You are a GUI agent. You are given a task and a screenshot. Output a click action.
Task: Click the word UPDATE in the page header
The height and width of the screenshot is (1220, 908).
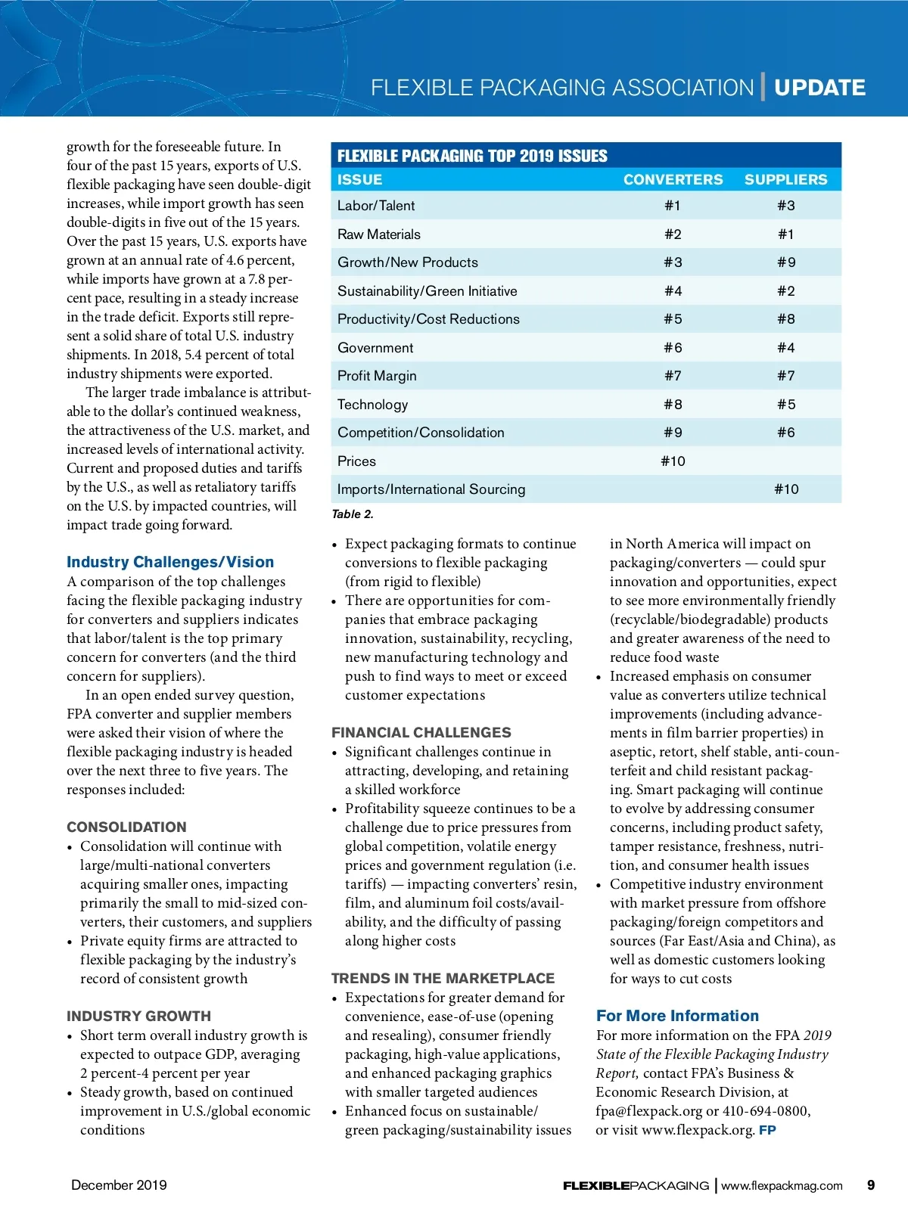pos(819,88)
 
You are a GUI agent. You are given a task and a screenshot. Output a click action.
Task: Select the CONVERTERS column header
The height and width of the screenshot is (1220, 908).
pos(673,179)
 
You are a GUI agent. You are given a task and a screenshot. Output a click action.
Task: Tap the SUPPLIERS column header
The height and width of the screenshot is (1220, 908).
pos(785,179)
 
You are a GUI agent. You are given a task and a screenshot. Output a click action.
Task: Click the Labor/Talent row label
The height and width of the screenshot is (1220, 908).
pos(376,206)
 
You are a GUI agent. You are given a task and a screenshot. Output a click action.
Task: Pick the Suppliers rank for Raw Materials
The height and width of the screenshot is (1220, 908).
pos(786,234)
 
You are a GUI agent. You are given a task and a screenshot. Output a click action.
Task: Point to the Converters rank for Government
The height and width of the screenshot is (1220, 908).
pos(673,348)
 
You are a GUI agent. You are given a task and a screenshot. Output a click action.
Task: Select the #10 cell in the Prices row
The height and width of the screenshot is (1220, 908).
pos(673,461)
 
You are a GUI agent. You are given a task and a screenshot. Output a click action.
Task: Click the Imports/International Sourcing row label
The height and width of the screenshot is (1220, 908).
pos(431,489)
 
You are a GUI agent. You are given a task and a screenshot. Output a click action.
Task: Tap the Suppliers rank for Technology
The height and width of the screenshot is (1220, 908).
pos(786,405)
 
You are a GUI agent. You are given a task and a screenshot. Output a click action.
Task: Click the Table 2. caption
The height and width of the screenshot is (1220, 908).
pos(353,514)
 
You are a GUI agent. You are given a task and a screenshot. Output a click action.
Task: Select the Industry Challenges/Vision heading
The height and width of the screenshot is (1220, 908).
pos(170,562)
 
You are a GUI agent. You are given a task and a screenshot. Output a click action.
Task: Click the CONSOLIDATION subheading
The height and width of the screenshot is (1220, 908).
pos(126,827)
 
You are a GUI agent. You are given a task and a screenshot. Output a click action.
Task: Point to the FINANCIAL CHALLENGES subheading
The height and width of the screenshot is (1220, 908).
pos(421,732)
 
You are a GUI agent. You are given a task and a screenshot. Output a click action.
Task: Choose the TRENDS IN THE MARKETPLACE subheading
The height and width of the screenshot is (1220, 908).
pos(443,978)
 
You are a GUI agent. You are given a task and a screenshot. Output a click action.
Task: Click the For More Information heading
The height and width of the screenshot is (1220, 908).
pos(677,1016)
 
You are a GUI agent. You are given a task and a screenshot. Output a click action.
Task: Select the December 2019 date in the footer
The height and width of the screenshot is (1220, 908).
pos(119,1185)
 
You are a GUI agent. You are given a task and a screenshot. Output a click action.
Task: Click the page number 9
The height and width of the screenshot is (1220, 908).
pos(871,1185)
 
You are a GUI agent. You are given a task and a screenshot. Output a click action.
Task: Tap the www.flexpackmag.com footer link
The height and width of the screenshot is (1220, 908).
pos(782,1186)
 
